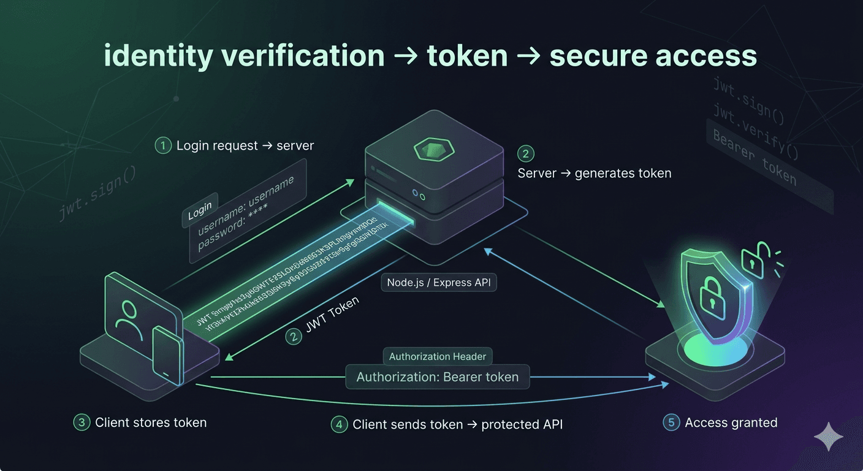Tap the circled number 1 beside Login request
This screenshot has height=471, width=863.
pyautogui.click(x=163, y=146)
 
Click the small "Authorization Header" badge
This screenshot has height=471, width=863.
pyautogui.click(x=438, y=356)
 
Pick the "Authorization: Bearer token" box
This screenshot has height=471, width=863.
pyautogui.click(x=438, y=377)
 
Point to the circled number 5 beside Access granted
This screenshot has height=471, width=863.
pyautogui.click(x=671, y=423)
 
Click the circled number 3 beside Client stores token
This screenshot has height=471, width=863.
pyautogui.click(x=82, y=423)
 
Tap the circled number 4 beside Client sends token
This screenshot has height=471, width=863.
pyautogui.click(x=339, y=424)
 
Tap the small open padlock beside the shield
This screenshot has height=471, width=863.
pyautogui.click(x=752, y=259)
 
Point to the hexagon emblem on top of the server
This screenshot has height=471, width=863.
pyautogui.click(x=434, y=149)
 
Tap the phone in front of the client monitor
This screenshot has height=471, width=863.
pyautogui.click(x=166, y=356)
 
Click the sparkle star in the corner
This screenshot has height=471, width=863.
pyautogui.click(x=828, y=437)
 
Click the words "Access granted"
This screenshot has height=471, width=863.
pyautogui.click(x=731, y=423)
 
